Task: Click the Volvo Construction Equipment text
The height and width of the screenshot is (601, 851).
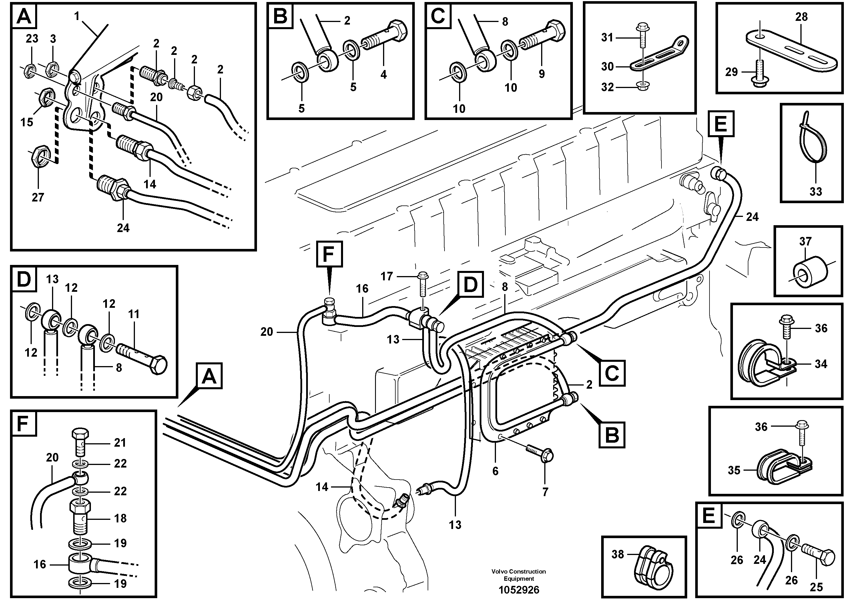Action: (519, 575)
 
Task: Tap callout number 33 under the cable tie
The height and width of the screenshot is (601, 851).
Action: (816, 191)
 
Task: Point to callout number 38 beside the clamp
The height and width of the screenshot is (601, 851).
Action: (617, 554)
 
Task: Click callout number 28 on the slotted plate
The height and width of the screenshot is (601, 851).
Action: (801, 17)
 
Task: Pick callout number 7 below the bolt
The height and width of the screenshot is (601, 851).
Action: (545, 492)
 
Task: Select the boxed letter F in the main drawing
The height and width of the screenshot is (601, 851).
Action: (329, 254)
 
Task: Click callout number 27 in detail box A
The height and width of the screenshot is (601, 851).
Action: (38, 197)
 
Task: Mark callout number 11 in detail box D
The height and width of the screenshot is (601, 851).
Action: (133, 314)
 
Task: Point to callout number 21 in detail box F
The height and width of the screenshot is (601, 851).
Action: (120, 442)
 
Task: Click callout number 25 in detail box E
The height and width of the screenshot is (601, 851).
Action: (816, 587)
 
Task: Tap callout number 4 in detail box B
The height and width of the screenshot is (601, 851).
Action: (383, 75)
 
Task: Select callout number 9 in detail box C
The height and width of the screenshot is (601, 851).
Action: (541, 74)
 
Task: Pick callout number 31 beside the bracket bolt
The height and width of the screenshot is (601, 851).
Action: (607, 37)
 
